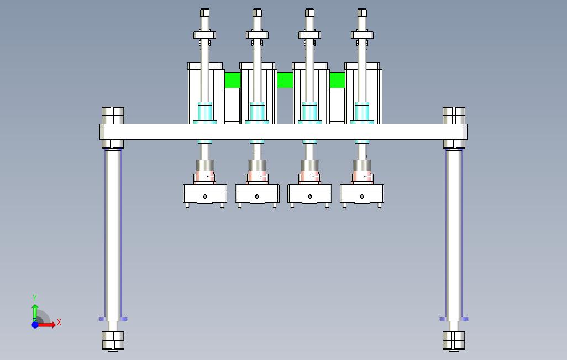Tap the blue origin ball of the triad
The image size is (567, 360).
point(35,325)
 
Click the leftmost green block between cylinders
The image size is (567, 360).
point(232,80)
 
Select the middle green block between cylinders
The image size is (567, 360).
point(285,80)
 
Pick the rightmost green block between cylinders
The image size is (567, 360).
point(337,80)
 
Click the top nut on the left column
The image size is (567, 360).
point(113,115)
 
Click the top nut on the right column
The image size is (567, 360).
point(454,115)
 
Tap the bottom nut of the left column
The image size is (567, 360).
point(113,341)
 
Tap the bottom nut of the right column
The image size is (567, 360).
point(454,341)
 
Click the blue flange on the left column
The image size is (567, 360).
point(113,319)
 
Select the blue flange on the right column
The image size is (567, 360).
point(454,319)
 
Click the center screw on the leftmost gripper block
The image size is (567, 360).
point(205,197)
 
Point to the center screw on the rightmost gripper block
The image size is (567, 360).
point(362,197)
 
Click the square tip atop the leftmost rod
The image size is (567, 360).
point(204,13)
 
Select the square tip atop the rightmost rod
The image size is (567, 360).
point(362,13)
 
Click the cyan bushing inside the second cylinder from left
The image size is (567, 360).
point(257,112)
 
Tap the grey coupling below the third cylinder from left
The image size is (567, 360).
point(309,165)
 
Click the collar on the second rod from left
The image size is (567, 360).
point(257,35)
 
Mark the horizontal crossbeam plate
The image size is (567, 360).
point(283,132)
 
